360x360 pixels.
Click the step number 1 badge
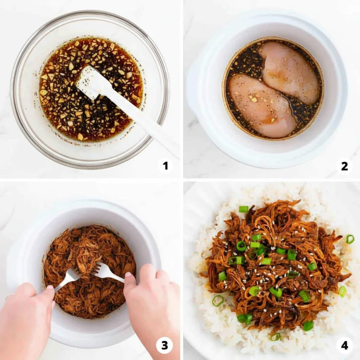pos(166,166)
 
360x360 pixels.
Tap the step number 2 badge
pos(345,166)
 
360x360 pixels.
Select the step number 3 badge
pos(165,345)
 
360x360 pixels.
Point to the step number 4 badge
pos(345,345)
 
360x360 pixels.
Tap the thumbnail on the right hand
pos(128,275)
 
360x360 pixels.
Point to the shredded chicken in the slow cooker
pos(90,271)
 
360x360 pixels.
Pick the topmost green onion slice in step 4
pos(244,209)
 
